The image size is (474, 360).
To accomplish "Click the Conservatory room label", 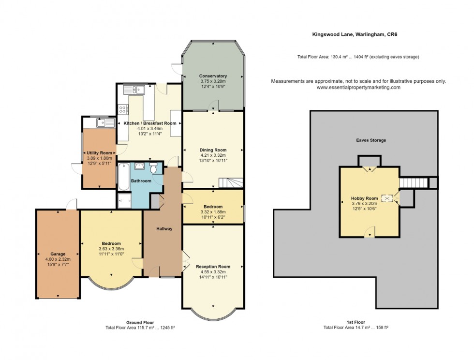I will [213, 76].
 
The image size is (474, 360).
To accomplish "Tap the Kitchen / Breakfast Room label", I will [149, 123].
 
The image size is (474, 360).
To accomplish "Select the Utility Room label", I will [99, 153].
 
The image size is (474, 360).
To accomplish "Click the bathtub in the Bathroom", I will [124, 177].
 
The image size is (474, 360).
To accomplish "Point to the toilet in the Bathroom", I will [153, 168].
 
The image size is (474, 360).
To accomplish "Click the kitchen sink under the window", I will [134, 90].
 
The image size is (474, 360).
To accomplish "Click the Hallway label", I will [164, 229].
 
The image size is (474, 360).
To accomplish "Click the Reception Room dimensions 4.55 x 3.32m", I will [213, 272].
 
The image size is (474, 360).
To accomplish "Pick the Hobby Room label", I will [364, 198].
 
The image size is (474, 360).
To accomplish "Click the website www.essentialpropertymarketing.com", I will [358, 88].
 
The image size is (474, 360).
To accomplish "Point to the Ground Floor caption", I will [140, 322].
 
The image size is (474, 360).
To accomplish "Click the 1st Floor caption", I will [355, 322].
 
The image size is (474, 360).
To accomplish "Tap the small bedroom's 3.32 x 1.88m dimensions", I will [213, 212].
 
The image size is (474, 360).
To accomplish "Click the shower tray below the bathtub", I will [124, 200].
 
